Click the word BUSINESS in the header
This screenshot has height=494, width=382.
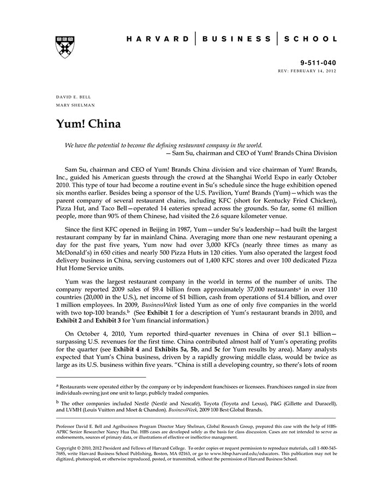[x=236, y=39]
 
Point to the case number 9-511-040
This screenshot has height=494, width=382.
[x=318, y=63]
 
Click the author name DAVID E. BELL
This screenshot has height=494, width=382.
[x=74, y=97]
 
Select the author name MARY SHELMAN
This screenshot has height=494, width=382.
[x=75, y=105]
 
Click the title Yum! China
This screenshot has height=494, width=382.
[x=88, y=124]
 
